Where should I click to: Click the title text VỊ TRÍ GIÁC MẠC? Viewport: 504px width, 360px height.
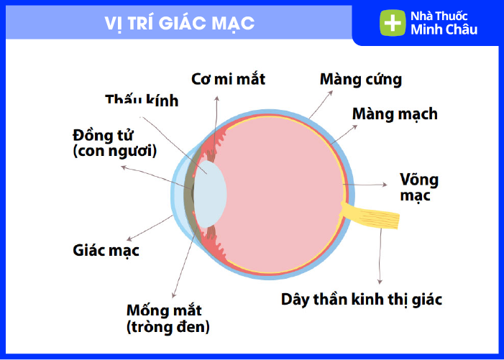[180, 24]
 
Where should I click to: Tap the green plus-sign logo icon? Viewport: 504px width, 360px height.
[393, 22]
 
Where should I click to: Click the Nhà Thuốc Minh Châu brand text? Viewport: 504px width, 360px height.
[444, 23]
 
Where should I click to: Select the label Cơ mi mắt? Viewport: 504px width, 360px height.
[228, 79]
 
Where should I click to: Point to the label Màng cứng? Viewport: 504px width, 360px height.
[361, 80]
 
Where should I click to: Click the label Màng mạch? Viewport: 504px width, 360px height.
[395, 114]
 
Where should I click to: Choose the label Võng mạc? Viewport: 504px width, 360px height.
[419, 188]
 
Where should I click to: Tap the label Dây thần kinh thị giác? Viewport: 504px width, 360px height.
[362, 300]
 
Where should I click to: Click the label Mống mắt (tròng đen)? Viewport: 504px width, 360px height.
[168, 319]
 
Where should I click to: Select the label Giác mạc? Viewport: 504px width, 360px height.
[106, 251]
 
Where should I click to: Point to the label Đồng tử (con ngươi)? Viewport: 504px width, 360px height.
[115, 143]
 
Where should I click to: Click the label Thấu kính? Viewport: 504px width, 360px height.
[142, 100]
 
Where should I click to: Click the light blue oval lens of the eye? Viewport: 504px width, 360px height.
[210, 194]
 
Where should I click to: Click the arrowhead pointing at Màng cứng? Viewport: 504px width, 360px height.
[330, 93]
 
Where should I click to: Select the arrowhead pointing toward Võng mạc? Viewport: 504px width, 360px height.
[385, 185]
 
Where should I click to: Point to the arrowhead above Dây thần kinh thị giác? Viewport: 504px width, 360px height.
[380, 282]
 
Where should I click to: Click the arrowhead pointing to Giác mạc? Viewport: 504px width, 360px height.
[129, 239]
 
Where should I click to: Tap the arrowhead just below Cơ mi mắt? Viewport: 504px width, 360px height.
[217, 98]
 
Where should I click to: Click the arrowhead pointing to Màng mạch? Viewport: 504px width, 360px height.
[355, 127]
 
